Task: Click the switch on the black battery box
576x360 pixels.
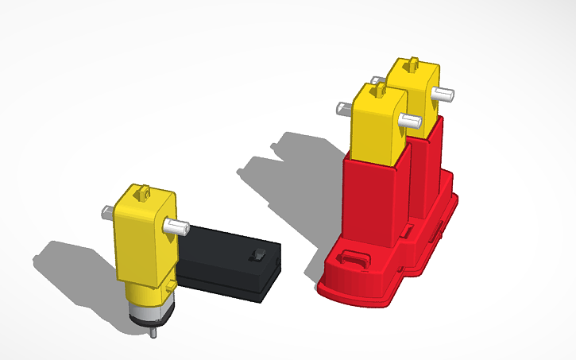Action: point(257,254)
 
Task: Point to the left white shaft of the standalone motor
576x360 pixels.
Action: point(107,212)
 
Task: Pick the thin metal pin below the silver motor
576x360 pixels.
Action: point(153,332)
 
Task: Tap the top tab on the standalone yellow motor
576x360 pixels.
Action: point(144,191)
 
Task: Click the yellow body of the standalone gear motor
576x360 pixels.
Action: point(141,238)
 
